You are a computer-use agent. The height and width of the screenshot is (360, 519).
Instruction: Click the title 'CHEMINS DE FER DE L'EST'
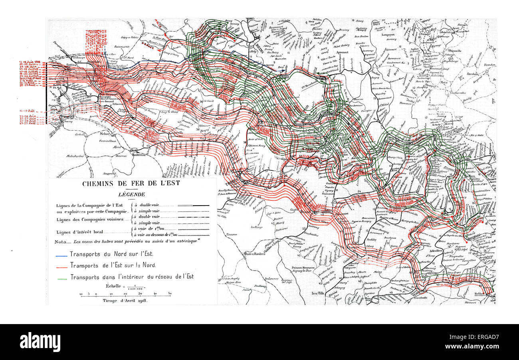131,184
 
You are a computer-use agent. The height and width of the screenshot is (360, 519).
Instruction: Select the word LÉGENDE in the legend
131,194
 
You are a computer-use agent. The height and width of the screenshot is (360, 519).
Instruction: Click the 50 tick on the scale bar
170,294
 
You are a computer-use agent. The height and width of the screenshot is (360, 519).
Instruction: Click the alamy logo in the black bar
40,342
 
